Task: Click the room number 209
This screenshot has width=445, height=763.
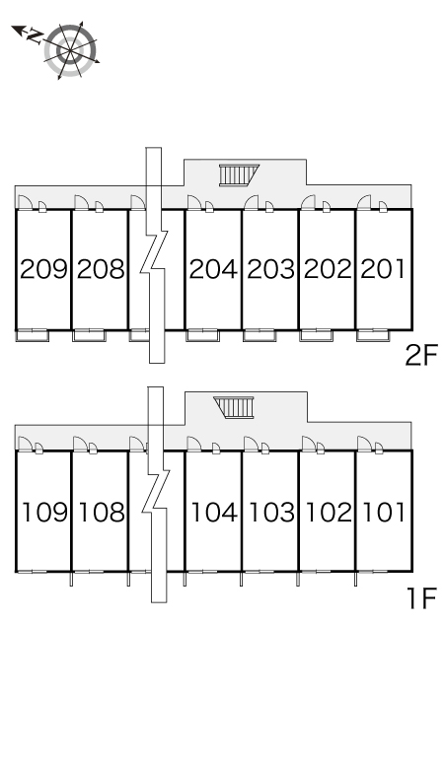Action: pyautogui.click(x=43, y=269)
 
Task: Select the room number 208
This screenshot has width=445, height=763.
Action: pyautogui.click(x=101, y=269)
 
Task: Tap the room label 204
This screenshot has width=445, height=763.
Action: pyautogui.click(x=213, y=269)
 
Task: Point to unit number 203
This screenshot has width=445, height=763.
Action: pyautogui.click(x=270, y=269)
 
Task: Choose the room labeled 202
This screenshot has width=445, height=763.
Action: pyautogui.click(x=328, y=269)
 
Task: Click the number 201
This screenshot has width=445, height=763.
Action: pyautogui.click(x=383, y=269)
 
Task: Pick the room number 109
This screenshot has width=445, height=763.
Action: pyautogui.click(x=44, y=512)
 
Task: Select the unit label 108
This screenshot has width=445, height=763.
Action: pyautogui.click(x=102, y=512)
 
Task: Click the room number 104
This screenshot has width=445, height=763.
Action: pyautogui.click(x=214, y=512)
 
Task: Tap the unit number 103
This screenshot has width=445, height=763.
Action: pyautogui.click(x=271, y=512)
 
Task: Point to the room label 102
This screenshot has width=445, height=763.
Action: pyautogui.click(x=329, y=512)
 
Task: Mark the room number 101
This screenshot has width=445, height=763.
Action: pyautogui.click(x=384, y=512)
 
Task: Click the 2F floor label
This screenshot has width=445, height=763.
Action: pyautogui.click(x=421, y=355)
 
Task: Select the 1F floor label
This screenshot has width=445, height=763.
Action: pyautogui.click(x=421, y=598)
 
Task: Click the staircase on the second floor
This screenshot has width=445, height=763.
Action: pyautogui.click(x=239, y=175)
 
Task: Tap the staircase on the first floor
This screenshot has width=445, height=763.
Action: pyautogui.click(x=234, y=407)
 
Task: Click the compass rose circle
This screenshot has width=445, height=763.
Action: pyautogui.click(x=71, y=50)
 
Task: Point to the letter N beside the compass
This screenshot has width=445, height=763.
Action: pyautogui.click(x=35, y=36)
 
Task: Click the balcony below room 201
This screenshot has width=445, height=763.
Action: pyautogui.click(x=373, y=336)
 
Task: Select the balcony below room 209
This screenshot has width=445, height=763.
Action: pyautogui.click(x=33, y=336)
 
